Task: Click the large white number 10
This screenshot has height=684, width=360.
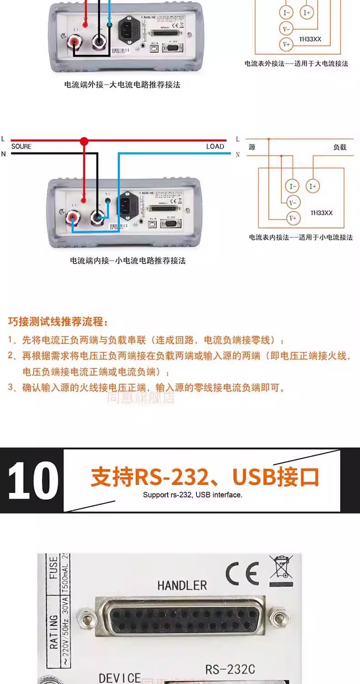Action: tap(33, 480)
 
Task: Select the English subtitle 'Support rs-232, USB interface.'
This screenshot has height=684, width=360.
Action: tap(192, 495)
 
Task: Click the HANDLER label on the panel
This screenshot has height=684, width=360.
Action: tap(182, 585)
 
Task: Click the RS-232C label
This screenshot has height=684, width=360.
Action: tap(230, 669)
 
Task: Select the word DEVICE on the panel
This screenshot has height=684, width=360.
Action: tap(120, 678)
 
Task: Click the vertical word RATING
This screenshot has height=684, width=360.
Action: tap(54, 632)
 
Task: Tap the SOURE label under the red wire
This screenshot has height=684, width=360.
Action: tap(21, 146)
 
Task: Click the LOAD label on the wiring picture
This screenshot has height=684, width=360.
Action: tap(215, 146)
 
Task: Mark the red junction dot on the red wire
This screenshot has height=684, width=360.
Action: tap(84, 141)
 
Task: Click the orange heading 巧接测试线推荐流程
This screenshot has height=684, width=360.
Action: tap(58, 322)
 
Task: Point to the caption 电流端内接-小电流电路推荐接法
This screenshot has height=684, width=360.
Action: tap(128, 260)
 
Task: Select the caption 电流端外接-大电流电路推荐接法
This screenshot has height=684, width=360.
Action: tap(122, 84)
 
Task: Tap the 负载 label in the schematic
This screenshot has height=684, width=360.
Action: tap(340, 147)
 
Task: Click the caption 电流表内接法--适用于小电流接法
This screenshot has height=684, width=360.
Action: tap(300, 237)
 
